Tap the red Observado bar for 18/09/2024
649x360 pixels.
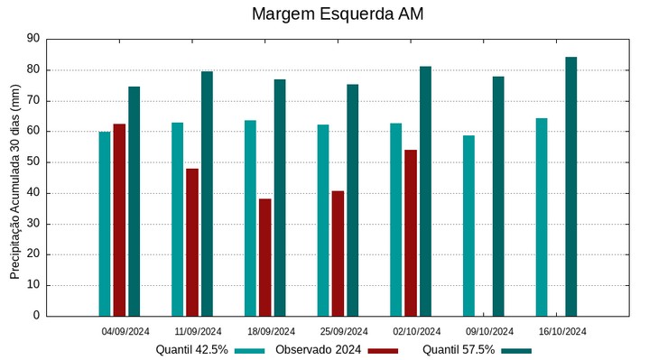click(265, 257)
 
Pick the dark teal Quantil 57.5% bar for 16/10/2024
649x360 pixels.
click(571, 186)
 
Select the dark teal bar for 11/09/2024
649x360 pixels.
click(207, 193)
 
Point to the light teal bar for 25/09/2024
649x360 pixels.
click(323, 220)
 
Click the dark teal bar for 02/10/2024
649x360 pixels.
click(425, 190)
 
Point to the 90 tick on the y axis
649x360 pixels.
click(34, 39)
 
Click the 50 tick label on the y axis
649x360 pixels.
click(34, 162)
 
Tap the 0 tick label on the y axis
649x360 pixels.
click(37, 316)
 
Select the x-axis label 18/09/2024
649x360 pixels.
click(271, 331)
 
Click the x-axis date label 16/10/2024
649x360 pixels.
click(562, 331)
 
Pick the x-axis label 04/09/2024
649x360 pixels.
click(125, 331)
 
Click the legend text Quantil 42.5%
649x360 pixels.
click(191, 349)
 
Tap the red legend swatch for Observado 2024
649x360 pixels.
click(383, 350)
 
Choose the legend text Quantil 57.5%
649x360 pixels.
click(459, 349)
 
